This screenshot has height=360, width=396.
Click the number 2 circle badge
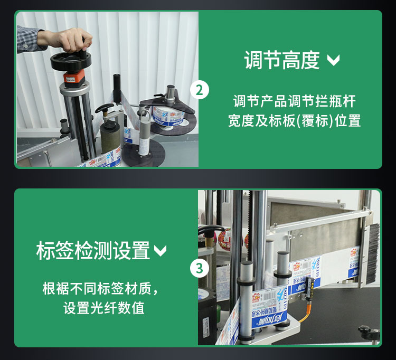tap(199, 90)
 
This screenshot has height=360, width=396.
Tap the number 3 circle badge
tap(199, 268)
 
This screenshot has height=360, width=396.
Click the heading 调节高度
tap(282, 60)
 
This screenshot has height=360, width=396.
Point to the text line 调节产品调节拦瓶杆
tap(294, 100)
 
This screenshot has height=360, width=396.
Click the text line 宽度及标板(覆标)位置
tap(294, 121)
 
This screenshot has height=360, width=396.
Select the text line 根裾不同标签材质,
tap(100, 289)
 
